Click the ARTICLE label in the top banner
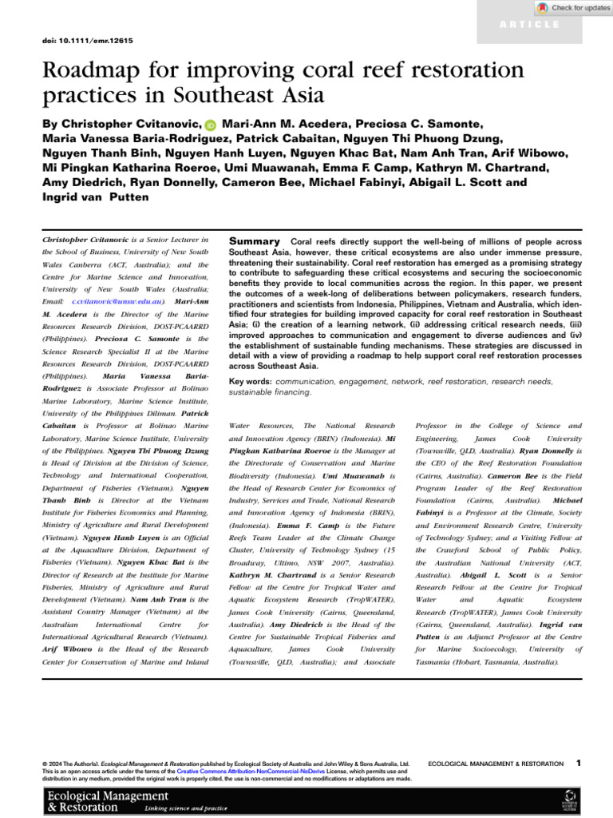[530, 25]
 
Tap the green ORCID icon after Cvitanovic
[210, 125]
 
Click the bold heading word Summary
[254, 240]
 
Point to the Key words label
[250, 382]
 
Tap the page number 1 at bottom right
[578, 764]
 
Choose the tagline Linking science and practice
[185, 808]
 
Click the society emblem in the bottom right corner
[569, 801]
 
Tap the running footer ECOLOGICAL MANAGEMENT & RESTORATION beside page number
[495, 764]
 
